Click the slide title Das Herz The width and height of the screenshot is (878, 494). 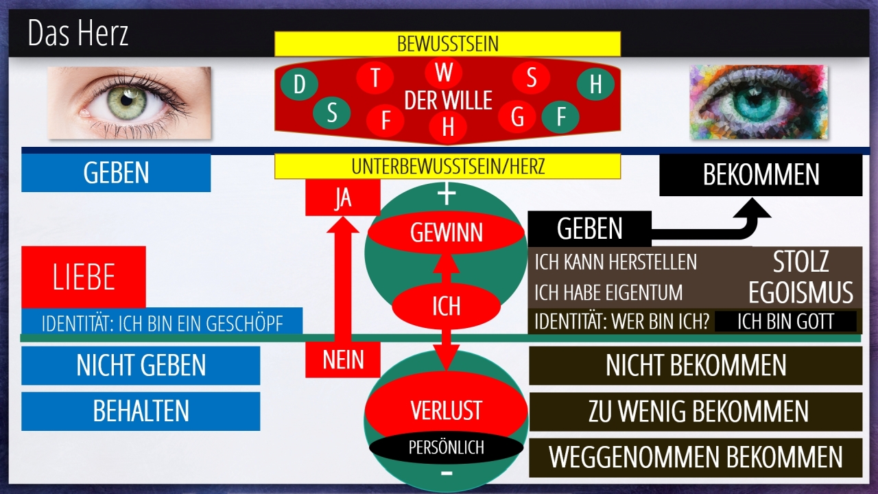point(78,34)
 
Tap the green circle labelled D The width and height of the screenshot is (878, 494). point(299,85)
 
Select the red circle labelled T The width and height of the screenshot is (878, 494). point(375,78)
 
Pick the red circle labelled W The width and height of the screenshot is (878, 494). point(444,72)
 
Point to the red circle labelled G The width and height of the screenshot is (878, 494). point(517,117)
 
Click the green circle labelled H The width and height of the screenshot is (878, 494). point(595,84)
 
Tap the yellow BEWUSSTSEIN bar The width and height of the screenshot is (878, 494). point(447,44)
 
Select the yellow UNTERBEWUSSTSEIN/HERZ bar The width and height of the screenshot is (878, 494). point(447,166)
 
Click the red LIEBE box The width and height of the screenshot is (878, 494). point(84,277)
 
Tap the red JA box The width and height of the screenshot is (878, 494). point(342,198)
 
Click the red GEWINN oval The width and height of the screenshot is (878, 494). point(447,233)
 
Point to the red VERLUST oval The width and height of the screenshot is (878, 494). point(446,410)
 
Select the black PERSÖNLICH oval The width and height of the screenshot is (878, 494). point(446,448)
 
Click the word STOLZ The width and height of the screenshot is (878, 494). point(800,262)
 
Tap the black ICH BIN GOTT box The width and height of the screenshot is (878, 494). point(785,322)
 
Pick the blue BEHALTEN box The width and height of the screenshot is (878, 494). point(141,411)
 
